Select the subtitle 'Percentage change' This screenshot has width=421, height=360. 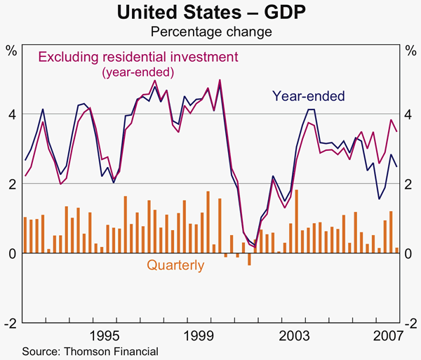coord(210,32)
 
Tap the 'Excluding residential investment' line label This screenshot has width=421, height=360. coord(138,56)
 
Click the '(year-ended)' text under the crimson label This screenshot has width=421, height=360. coord(138,72)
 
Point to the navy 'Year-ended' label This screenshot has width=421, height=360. coord(309,95)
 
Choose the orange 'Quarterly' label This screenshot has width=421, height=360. coord(175,266)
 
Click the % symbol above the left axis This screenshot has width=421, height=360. coord(11,50)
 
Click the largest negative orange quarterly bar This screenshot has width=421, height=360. coord(249,259)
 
